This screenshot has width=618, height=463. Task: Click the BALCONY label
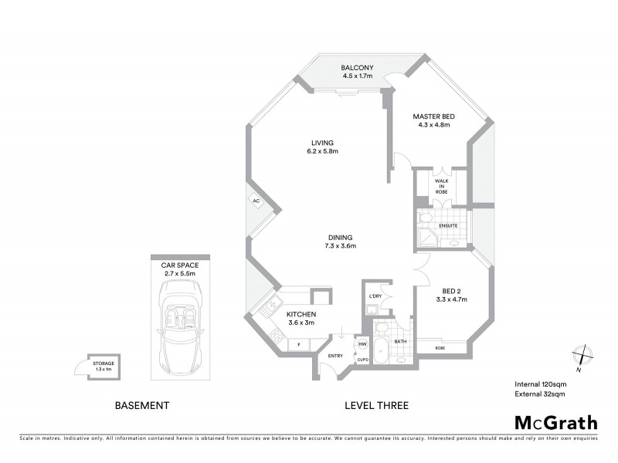coord(357,67)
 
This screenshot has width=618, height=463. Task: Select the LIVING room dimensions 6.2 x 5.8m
coord(322,151)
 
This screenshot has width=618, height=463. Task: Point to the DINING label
coord(339,237)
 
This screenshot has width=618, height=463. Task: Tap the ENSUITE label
coord(449,225)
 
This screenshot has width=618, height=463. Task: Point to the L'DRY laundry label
coord(376,296)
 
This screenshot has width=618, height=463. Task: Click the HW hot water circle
coord(362,344)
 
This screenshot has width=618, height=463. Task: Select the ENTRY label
coord(335,356)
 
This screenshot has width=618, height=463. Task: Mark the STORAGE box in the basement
coord(104,367)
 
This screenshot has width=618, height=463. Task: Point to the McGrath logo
coord(555,422)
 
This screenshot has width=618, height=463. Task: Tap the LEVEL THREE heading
coord(376,405)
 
